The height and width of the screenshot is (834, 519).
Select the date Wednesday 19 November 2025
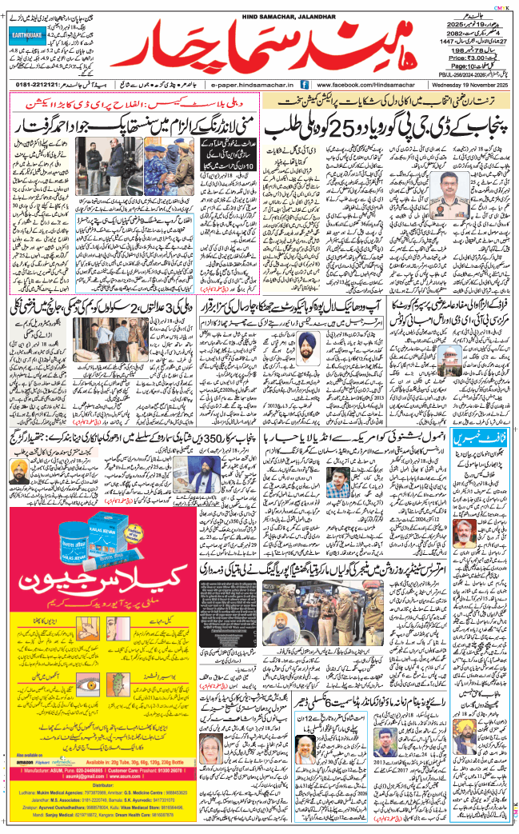460,83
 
